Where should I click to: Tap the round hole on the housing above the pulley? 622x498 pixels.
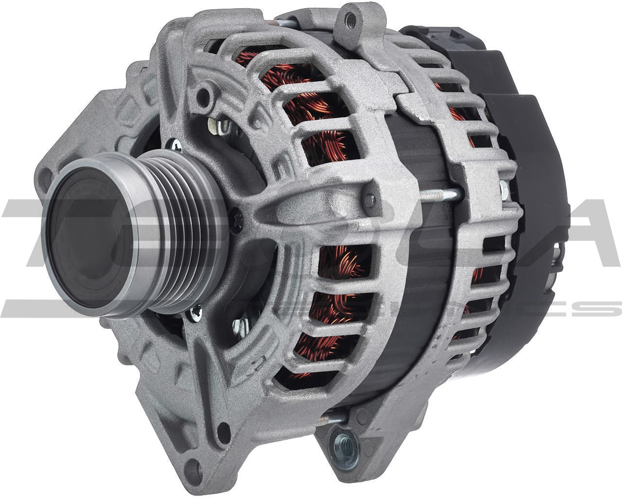(204, 92)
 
